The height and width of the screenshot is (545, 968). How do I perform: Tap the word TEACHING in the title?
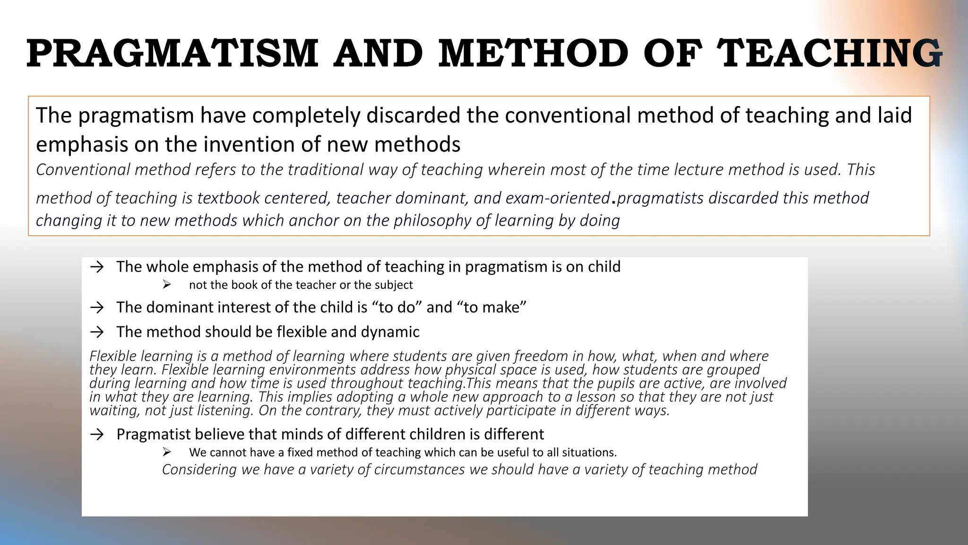coord(830,53)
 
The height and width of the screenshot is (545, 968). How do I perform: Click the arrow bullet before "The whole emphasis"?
coord(97,267)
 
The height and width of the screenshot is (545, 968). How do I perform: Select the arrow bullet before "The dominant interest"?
coord(97,308)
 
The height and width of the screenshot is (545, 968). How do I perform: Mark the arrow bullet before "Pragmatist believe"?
coord(97,435)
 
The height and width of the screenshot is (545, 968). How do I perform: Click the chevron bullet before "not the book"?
coord(166,285)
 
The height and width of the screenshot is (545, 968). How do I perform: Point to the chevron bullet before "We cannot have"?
coord(166,452)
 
